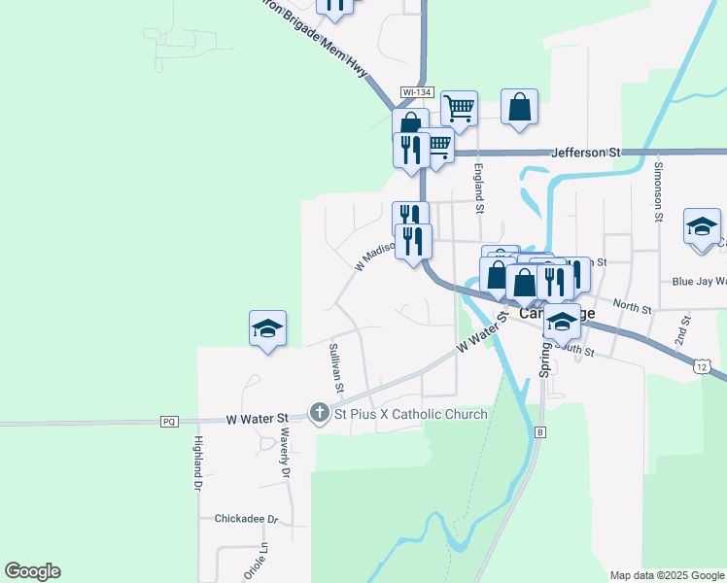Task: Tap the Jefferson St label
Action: coord(585,153)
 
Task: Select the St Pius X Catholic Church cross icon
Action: coord(319,414)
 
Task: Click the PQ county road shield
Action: coord(170,422)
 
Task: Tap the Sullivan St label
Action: coord(335,366)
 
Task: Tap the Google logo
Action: coord(32,571)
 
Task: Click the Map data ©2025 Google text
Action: coord(666,575)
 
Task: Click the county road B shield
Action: coord(541,431)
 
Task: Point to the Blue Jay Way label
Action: coord(699,282)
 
